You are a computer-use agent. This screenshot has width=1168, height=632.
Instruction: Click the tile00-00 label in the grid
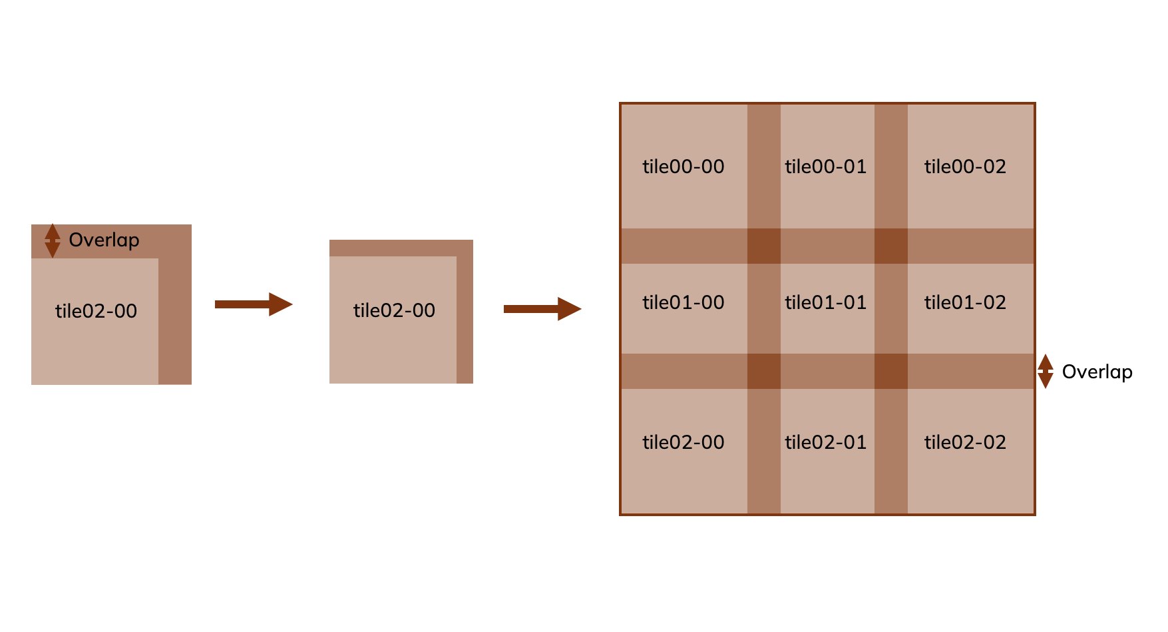683,166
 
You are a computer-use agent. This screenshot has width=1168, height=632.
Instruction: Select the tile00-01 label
825,166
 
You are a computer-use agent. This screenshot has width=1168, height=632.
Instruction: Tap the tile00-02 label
965,166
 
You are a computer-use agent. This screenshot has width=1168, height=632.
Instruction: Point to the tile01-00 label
683,302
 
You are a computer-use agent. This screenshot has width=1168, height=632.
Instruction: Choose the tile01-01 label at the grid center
825,302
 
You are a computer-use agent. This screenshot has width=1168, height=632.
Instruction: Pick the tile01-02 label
965,302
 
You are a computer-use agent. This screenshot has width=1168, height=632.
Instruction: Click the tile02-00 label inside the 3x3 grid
683,442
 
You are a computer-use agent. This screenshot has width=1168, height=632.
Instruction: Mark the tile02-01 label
825,442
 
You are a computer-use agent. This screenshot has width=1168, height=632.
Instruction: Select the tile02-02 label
965,442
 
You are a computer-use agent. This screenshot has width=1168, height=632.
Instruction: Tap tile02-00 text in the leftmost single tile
96,311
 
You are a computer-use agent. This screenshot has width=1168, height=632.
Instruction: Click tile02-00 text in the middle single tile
394,310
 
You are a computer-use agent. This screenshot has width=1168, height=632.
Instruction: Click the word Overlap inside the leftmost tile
104,240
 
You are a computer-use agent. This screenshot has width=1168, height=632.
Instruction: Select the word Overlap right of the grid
1097,372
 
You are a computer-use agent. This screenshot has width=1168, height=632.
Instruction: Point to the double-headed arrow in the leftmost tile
52,240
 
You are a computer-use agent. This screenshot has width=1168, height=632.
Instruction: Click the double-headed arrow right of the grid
1046,371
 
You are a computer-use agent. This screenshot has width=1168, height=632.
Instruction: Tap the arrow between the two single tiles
253,304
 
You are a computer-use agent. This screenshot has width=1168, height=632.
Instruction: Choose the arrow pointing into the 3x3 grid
542,308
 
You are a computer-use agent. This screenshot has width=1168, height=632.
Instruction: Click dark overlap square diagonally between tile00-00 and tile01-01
764,246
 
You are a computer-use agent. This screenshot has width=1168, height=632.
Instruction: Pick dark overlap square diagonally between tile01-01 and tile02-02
890,371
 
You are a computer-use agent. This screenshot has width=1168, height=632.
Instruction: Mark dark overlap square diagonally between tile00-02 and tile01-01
890,246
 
